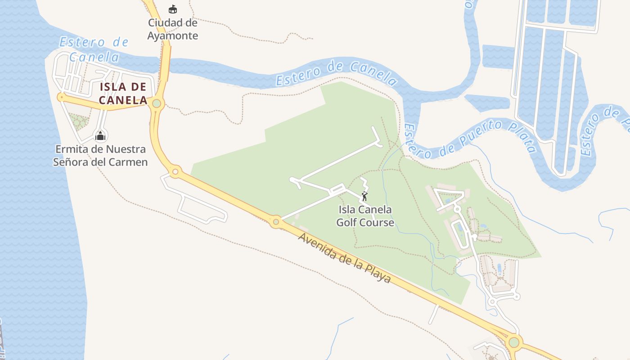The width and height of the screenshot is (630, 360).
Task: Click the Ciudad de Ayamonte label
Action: point(173,29)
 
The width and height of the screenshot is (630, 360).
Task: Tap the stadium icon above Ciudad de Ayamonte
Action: point(172,9)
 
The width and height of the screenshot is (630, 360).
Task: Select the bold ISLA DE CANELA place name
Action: point(123,93)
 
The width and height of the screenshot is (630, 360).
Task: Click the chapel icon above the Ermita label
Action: point(100,135)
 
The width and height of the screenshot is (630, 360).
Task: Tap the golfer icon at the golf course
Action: point(365,196)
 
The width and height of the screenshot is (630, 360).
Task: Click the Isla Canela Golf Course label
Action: point(365,216)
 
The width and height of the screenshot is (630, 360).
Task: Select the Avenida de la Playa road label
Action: point(344,257)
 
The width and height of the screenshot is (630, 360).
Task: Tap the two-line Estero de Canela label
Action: point(94,49)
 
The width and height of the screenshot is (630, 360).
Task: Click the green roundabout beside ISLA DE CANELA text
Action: point(157,103)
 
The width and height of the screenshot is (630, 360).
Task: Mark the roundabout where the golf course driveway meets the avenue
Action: point(276,221)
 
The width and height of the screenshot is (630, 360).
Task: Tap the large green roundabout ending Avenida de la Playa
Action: point(514,342)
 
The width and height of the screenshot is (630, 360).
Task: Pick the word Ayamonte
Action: point(173,35)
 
